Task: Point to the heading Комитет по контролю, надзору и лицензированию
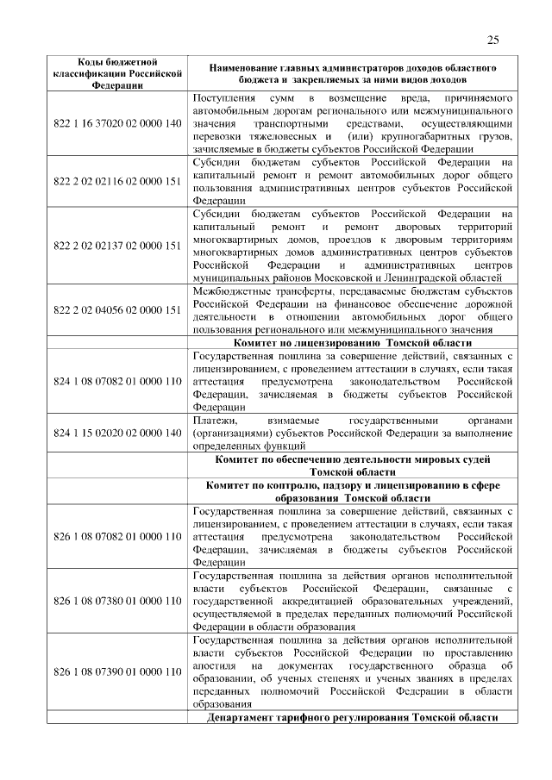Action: (353, 492)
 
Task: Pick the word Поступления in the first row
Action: (225, 97)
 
